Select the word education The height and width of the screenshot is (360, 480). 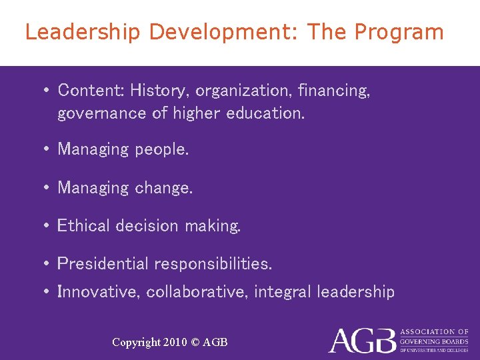(x=265, y=113)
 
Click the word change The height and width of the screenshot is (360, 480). (x=163, y=188)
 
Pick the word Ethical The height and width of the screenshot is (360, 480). (x=84, y=226)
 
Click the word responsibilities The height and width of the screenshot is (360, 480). (x=213, y=264)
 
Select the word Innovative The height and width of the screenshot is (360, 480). (x=99, y=292)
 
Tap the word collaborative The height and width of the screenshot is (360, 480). (x=197, y=292)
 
